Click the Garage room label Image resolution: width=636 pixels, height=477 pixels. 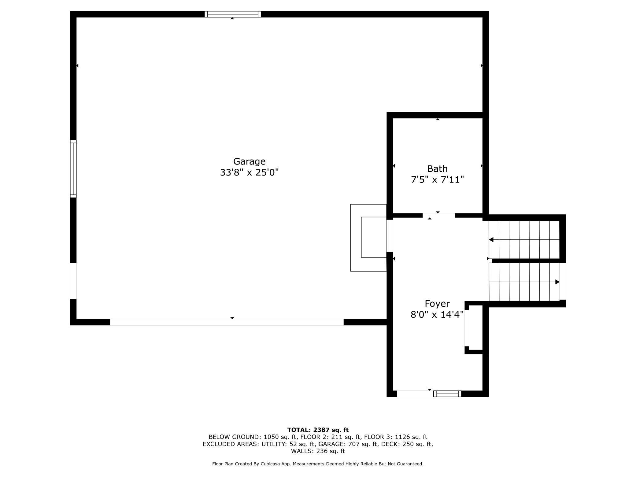(x=249, y=161)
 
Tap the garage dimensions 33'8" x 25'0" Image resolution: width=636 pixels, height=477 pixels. (x=249, y=173)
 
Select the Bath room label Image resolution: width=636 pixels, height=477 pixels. (x=437, y=169)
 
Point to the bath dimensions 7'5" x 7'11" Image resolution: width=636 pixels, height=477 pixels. (x=437, y=179)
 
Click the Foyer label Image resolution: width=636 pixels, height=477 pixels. (x=437, y=304)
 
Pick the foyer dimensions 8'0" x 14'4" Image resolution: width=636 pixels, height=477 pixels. (x=437, y=315)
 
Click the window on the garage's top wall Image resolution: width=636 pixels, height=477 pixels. (x=233, y=14)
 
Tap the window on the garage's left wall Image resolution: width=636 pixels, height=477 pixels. (x=73, y=169)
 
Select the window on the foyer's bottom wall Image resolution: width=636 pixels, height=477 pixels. (x=447, y=394)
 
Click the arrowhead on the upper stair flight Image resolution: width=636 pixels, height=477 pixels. (x=491, y=240)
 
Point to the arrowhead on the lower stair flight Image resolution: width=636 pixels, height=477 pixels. (x=557, y=282)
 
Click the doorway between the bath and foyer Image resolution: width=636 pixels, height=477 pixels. (x=438, y=215)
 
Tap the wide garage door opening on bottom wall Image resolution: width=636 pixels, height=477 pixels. (x=227, y=322)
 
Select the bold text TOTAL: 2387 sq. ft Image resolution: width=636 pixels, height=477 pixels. (x=318, y=430)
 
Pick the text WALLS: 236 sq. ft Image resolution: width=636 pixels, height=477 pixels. (x=318, y=451)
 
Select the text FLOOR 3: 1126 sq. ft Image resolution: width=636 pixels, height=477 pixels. (x=396, y=437)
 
